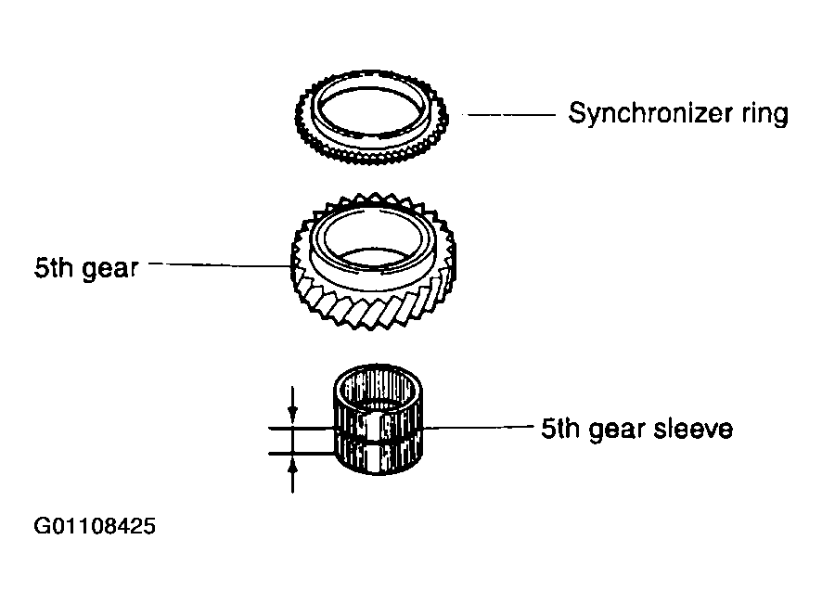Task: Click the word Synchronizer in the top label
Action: pyautogui.click(x=650, y=113)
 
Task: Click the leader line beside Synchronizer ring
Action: pyautogui.click(x=511, y=114)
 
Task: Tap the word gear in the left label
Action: pyautogui.click(x=110, y=269)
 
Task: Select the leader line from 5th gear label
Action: pyautogui.click(x=220, y=264)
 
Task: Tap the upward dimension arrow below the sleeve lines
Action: pyautogui.click(x=293, y=474)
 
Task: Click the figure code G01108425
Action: pyautogui.click(x=95, y=526)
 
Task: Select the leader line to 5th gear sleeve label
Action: pyautogui.click(x=477, y=428)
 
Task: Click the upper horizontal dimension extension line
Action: pyautogui.click(x=302, y=429)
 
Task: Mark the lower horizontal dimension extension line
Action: pyautogui.click(x=302, y=453)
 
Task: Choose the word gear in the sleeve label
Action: pyautogui.click(x=616, y=430)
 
